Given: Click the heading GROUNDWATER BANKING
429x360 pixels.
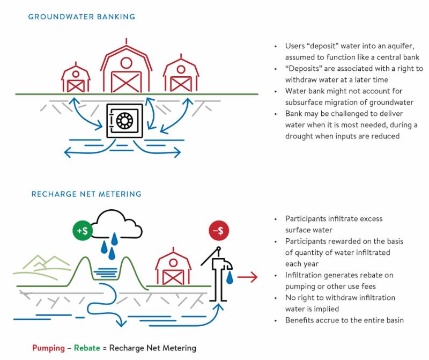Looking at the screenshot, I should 82,17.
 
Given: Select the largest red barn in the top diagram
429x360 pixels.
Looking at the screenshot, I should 126,67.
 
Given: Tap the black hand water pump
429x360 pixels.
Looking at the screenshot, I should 219,274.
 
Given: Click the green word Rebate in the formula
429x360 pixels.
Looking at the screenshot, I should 87,348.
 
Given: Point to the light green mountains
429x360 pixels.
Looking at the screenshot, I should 40,263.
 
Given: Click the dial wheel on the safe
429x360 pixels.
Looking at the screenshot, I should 124,121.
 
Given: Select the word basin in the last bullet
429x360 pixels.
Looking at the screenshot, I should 392,320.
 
